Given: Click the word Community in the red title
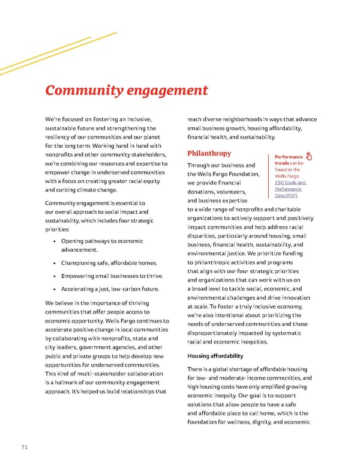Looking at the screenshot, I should [82, 91].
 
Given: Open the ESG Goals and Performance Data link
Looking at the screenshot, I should [290, 189].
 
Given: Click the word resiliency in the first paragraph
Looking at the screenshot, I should [60, 138].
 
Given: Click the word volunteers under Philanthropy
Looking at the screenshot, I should [233, 192].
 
